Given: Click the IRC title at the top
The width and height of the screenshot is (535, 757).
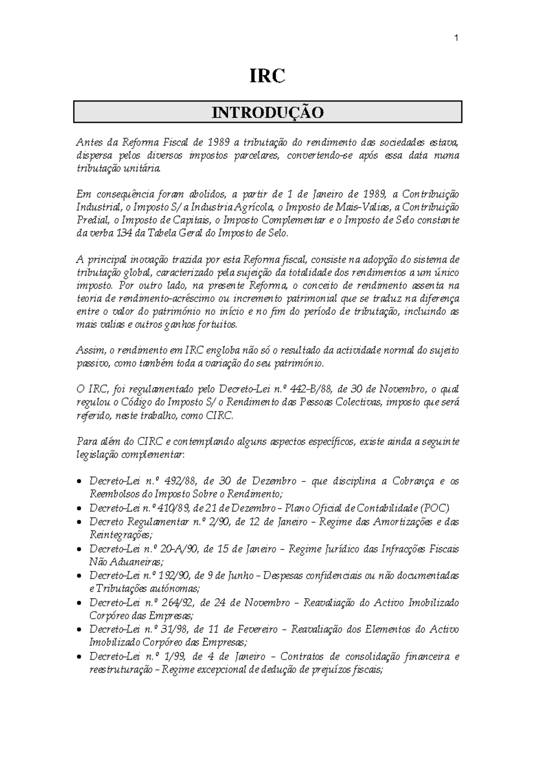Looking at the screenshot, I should [x=267, y=76].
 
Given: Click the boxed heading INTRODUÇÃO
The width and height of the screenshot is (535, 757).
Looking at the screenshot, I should [x=267, y=112].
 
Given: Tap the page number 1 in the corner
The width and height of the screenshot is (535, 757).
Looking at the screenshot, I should [x=456, y=39].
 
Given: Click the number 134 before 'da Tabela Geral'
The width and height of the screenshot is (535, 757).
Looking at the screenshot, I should [x=124, y=233].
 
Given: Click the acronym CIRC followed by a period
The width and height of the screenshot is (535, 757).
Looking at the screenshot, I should [x=219, y=416].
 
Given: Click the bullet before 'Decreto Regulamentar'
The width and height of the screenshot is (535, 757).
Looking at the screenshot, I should [x=79, y=522].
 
